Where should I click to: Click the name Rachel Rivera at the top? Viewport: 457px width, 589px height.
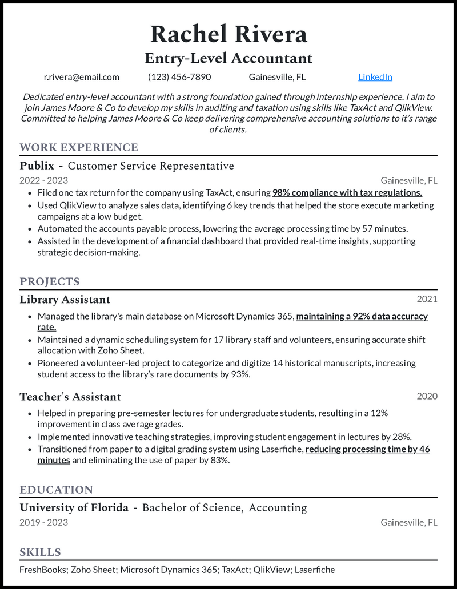tap(228, 34)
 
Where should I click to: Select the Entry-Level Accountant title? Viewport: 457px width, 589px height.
tap(228, 58)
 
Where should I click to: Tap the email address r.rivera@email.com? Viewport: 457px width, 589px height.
tap(82, 77)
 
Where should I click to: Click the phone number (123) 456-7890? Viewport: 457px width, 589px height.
tap(179, 77)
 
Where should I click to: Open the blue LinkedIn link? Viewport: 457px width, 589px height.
tap(375, 77)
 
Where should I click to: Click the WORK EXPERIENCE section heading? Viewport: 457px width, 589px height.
tap(79, 148)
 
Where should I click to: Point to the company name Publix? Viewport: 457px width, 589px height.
tap(37, 166)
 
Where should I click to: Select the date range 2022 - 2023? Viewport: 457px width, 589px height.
tap(43, 180)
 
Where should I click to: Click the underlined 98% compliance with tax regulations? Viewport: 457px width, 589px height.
tap(347, 193)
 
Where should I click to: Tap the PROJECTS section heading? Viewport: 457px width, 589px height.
tap(50, 282)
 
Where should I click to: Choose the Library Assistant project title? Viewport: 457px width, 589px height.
tap(65, 300)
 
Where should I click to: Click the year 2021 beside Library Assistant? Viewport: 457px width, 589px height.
tap(427, 299)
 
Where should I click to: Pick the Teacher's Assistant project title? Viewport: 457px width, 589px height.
tap(70, 397)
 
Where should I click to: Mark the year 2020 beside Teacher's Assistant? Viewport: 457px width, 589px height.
tap(427, 396)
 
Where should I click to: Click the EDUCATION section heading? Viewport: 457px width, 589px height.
tap(56, 490)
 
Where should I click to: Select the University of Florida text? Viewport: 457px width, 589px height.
tap(74, 508)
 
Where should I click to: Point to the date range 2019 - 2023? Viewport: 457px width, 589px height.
tap(43, 522)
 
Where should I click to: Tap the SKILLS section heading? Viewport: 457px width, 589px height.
tap(40, 552)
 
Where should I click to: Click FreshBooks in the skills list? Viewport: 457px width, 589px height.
tap(42, 570)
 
